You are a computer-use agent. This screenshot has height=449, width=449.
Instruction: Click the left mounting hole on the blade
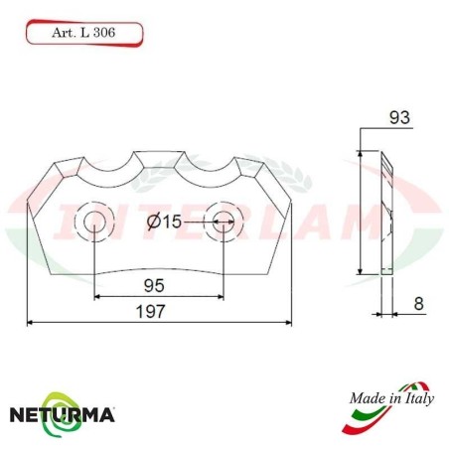(x=94, y=221)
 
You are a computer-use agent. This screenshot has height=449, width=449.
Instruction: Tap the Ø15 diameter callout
(x=163, y=222)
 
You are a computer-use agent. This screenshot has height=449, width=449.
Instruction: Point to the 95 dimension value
(x=155, y=285)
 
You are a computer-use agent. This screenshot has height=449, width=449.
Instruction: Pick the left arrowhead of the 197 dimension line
(x=31, y=322)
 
